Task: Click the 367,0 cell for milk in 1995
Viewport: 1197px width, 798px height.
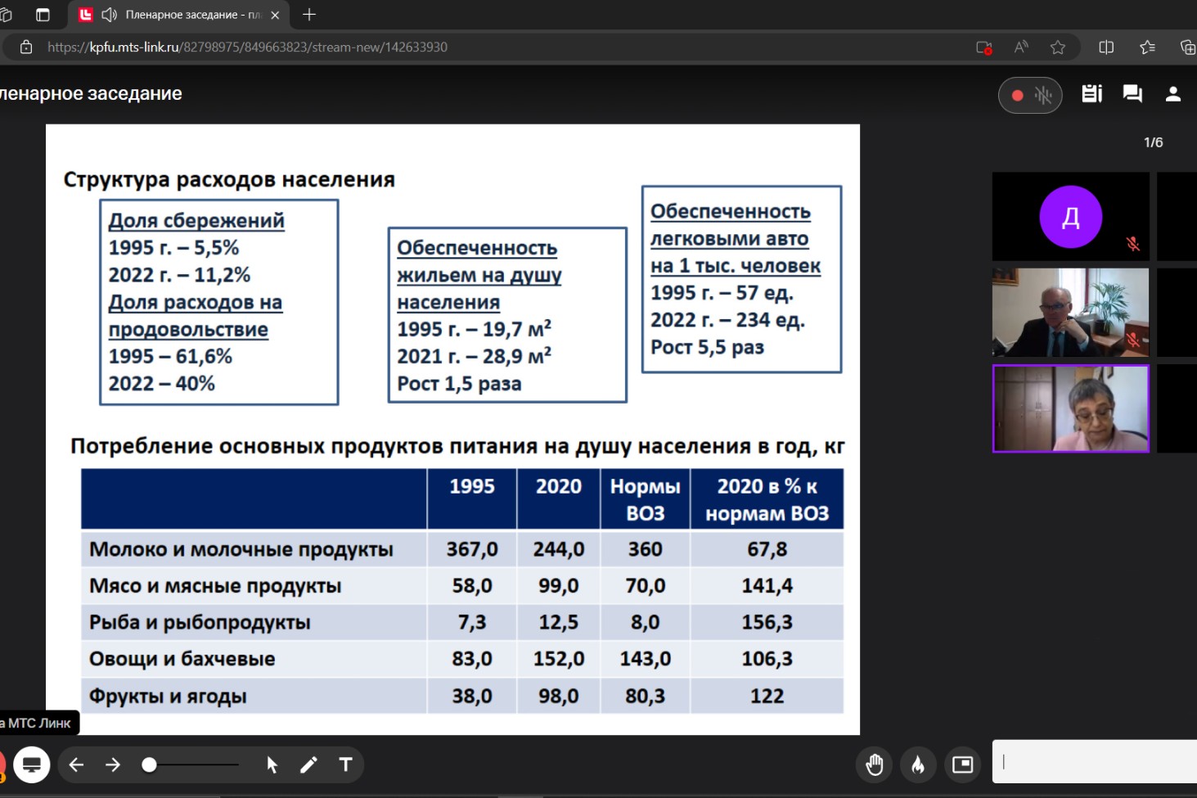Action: click(x=472, y=549)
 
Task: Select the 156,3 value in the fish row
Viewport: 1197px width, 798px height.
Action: click(x=767, y=622)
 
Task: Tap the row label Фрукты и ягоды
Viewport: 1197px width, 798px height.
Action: click(x=168, y=697)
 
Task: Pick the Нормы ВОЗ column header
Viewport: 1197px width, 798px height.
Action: click(x=645, y=499)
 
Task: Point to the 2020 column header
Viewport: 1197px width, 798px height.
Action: click(x=558, y=486)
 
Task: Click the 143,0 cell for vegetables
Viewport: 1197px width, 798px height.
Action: click(x=645, y=659)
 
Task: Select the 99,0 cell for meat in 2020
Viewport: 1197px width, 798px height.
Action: click(x=558, y=586)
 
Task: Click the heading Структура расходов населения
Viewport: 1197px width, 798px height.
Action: click(x=229, y=179)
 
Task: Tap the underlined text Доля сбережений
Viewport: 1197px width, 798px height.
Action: click(x=196, y=220)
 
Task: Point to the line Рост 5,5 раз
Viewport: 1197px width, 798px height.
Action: click(x=707, y=347)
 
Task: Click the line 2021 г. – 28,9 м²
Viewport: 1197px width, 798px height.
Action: click(x=474, y=356)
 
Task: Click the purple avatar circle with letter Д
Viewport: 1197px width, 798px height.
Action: click(x=1070, y=217)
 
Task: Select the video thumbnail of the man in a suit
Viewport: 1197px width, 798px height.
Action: click(x=1070, y=313)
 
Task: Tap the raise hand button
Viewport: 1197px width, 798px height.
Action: click(x=875, y=764)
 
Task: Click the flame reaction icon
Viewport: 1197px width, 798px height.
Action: click(x=918, y=764)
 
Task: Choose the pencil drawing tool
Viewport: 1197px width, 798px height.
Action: click(x=308, y=764)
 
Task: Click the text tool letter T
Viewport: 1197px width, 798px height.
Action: click(x=345, y=764)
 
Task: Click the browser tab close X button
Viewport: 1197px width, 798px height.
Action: click(x=275, y=15)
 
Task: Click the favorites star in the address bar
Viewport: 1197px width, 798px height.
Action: click(x=1058, y=47)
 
